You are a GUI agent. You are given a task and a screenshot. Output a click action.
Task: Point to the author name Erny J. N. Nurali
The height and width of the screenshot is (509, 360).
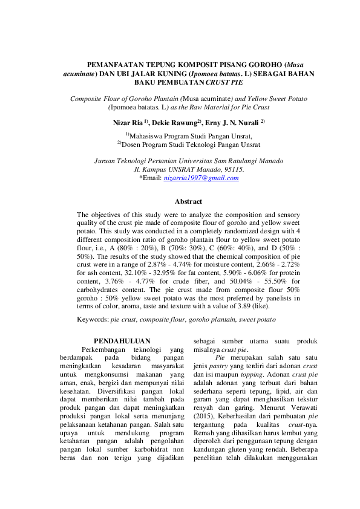click(x=235, y=123)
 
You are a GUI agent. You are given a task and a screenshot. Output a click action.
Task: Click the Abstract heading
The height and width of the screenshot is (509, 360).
click(x=188, y=201)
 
